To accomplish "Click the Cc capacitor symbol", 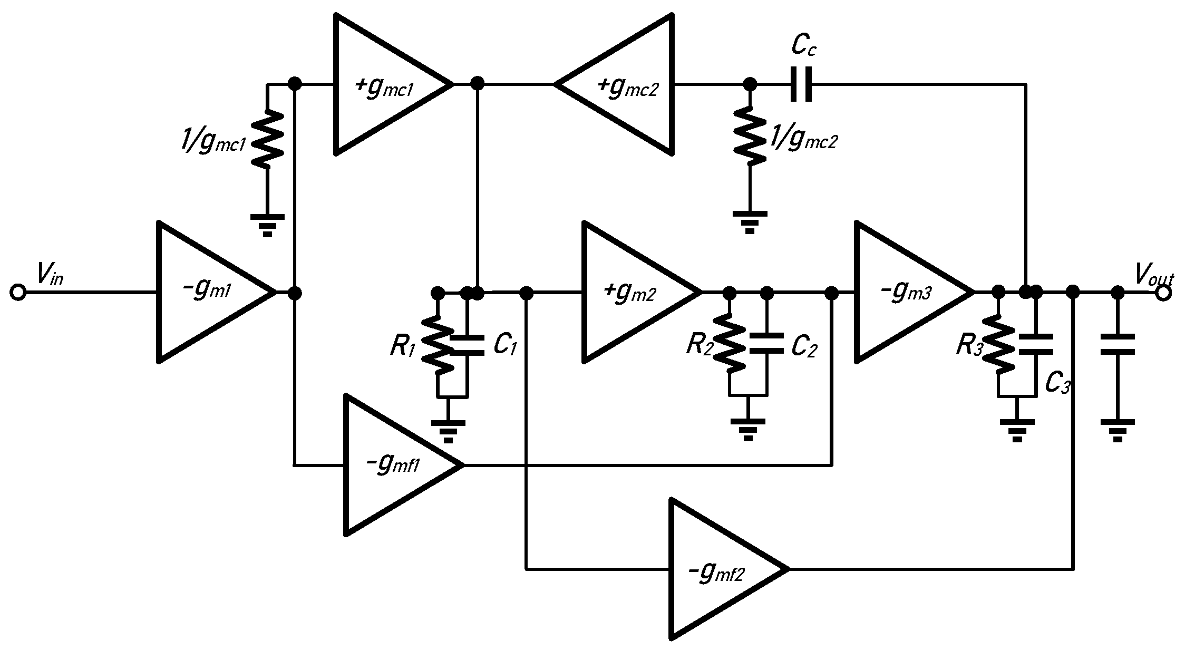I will (801, 84).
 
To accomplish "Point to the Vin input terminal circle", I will (18, 292).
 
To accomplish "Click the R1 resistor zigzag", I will (438, 345).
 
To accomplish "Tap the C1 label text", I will (504, 345).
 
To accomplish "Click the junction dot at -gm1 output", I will (295, 292).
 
